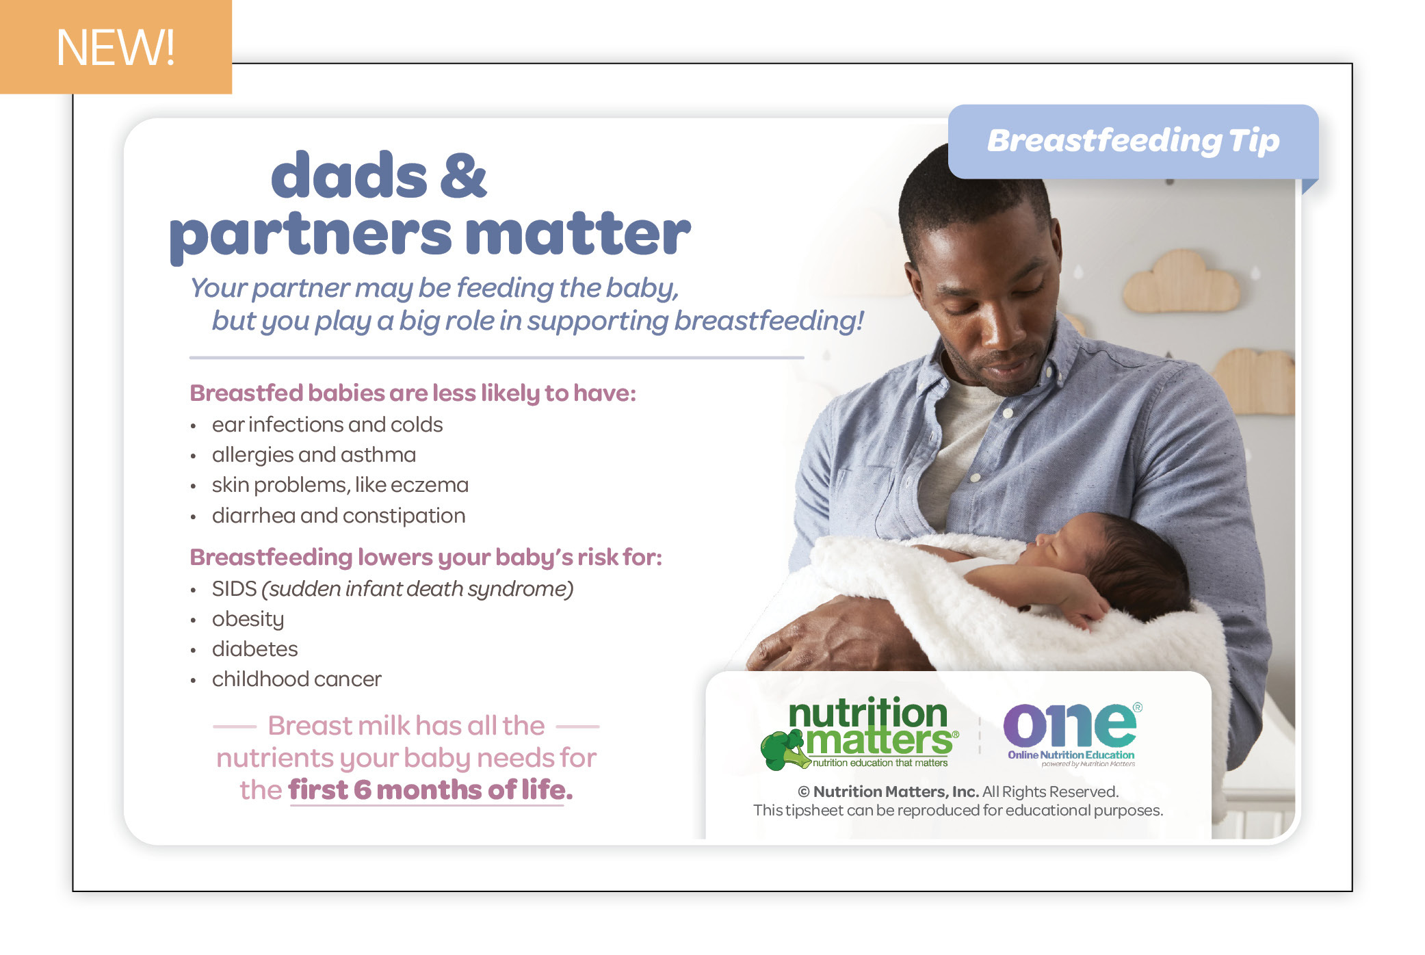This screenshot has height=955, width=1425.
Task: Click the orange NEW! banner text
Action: pos(115,48)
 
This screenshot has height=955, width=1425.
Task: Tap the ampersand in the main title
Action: pos(463,175)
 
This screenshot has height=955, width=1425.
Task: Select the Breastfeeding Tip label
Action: pos(1133,141)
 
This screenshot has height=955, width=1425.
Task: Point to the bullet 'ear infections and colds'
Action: pos(327,425)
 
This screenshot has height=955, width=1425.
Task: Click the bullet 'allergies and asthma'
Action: pos(314,455)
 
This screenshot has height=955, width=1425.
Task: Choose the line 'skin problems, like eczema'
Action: pos(340,485)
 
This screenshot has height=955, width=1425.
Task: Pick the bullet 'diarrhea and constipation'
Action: pos(339,516)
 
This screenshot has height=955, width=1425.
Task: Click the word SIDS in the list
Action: pos(234,588)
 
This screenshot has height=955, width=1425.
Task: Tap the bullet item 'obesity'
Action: pos(248,620)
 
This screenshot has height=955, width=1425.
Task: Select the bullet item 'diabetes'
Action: pos(254,649)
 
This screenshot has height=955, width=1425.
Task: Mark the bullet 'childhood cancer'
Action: pos(296,679)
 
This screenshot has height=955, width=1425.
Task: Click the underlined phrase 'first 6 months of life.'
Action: pos(430,790)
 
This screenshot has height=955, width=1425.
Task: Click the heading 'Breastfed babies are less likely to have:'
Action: pos(413,393)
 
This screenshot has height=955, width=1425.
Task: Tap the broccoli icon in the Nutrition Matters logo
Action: pos(785,750)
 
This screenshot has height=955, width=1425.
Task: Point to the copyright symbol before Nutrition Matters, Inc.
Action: pos(804,792)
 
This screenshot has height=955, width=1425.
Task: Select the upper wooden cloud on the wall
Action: pos(1181,282)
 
